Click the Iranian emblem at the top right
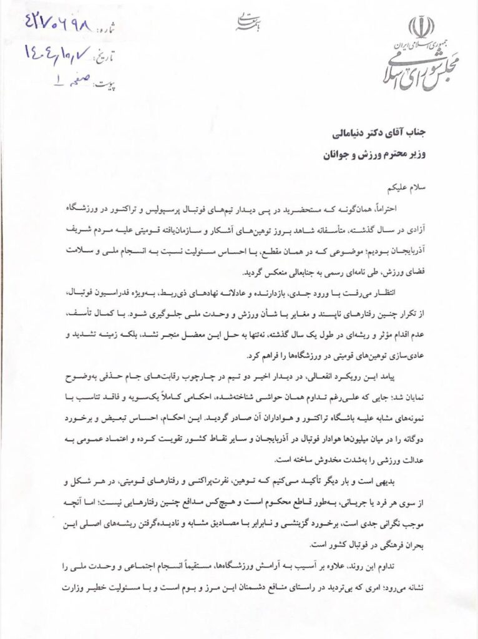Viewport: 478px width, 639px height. [x=422, y=28]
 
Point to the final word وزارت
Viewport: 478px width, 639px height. [x=77, y=587]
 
